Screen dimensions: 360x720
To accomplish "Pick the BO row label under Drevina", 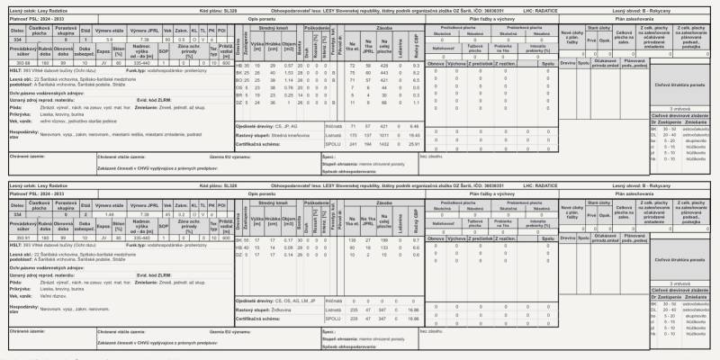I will tap(238, 80).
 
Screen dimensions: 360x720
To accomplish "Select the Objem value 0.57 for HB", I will tap(289, 66).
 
